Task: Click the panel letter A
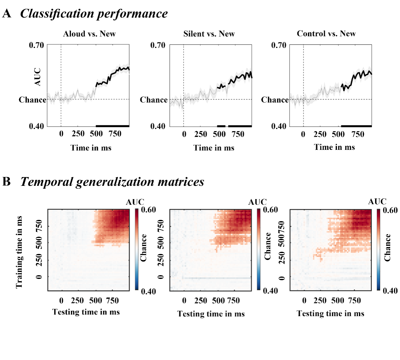[x=7, y=14]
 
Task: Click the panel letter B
[x=7, y=182]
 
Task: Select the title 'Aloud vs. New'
[x=89, y=34]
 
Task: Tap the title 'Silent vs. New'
[x=209, y=34]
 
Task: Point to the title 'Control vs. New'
[x=326, y=33]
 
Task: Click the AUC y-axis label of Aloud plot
[x=38, y=77]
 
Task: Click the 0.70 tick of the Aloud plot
[x=36, y=45]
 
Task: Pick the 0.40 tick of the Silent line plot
[x=158, y=126]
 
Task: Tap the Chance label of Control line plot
[x=275, y=100]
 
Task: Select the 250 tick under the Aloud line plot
[x=78, y=134]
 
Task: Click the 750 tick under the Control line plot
[x=358, y=134]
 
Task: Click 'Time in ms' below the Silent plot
[x=214, y=148]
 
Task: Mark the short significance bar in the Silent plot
[x=221, y=126]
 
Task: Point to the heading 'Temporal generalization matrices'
[x=112, y=182]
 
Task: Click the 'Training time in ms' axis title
[x=19, y=252]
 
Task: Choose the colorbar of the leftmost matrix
[x=137, y=249]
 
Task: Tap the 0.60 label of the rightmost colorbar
[x=390, y=210]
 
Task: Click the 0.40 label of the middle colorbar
[x=270, y=291]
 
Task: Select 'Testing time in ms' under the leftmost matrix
[x=86, y=312]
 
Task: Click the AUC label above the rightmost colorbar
[x=377, y=201]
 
